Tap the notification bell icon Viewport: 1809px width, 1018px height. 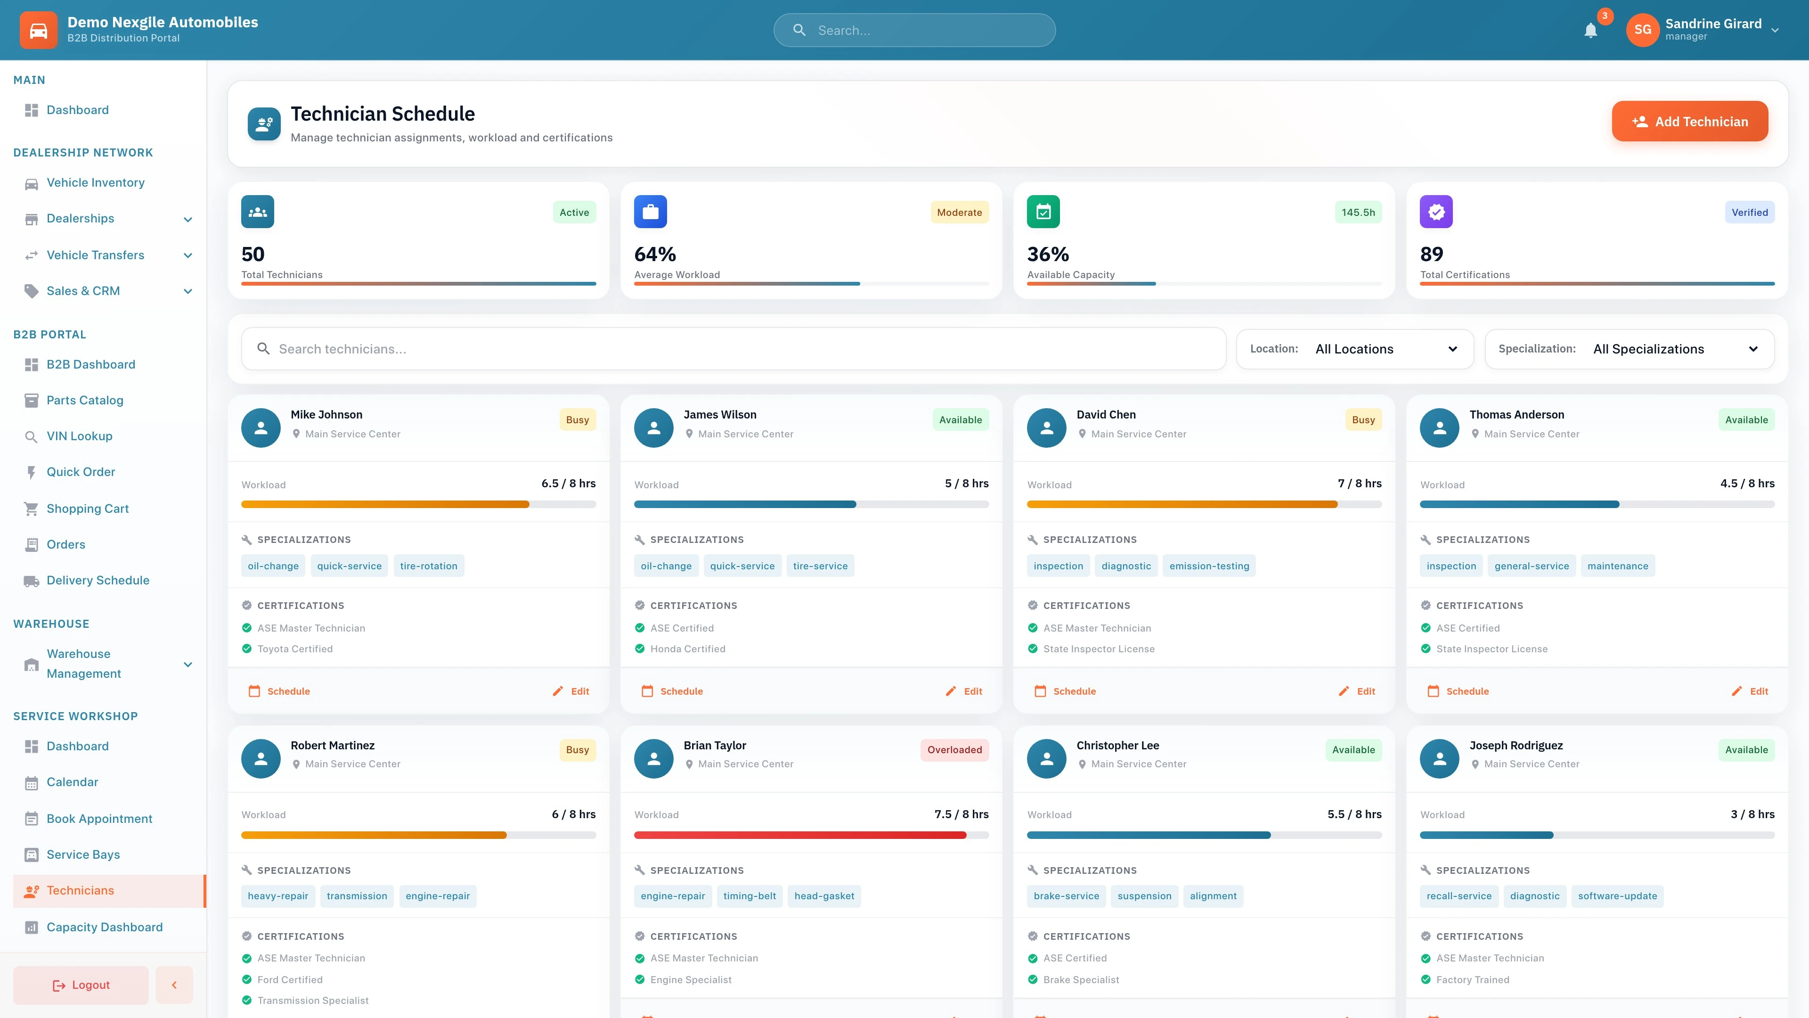[1590, 30]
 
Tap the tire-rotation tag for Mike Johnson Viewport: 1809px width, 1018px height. [428, 566]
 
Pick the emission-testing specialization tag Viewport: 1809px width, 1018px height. [1208, 566]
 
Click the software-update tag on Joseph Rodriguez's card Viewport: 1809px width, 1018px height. [1617, 896]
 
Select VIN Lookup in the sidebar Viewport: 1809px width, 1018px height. [79, 436]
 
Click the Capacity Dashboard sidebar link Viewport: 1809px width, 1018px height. [104, 928]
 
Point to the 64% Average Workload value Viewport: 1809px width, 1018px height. [654, 254]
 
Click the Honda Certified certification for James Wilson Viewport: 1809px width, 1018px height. [687, 649]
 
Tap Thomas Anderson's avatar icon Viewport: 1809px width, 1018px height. [1439, 428]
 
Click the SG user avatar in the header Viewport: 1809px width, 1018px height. [1642, 30]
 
